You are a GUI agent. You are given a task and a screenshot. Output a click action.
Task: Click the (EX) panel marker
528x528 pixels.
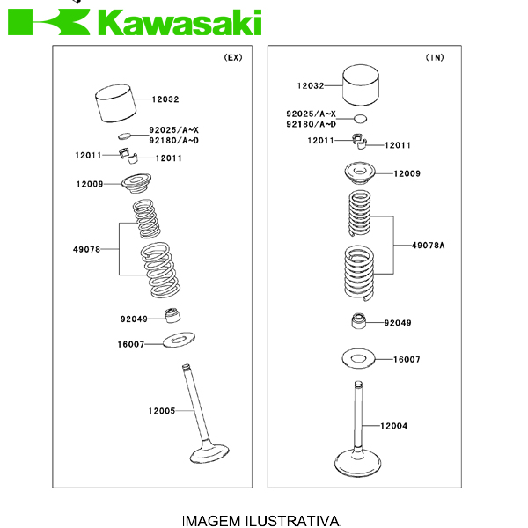[232, 57]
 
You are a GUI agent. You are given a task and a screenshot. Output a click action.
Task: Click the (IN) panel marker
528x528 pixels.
[435, 57]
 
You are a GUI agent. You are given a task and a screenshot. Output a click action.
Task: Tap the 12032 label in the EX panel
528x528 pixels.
[165, 100]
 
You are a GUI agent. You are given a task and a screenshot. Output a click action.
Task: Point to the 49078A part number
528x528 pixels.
[428, 245]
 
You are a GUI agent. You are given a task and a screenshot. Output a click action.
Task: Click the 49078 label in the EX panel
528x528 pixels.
[86, 250]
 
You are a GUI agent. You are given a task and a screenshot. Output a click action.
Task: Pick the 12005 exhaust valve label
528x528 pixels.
[161, 411]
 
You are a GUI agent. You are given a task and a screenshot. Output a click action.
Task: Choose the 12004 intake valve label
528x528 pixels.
[393, 426]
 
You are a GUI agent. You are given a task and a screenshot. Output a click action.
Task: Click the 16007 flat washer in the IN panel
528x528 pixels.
[358, 358]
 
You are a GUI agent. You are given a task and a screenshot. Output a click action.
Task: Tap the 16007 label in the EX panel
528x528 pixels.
[130, 345]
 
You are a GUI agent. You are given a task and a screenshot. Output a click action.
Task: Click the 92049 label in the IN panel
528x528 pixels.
[397, 323]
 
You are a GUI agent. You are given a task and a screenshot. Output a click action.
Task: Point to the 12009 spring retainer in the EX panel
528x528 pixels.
[137, 184]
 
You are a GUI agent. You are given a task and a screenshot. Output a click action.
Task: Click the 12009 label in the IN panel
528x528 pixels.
[407, 173]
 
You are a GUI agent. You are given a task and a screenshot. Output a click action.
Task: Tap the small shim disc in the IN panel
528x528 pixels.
[359, 117]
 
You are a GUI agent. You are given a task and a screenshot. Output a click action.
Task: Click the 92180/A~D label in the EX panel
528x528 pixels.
[173, 140]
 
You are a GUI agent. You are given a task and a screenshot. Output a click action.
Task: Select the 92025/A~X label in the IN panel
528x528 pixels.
[311, 114]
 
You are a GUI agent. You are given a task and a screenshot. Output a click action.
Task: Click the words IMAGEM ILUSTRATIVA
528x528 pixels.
[260, 520]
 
